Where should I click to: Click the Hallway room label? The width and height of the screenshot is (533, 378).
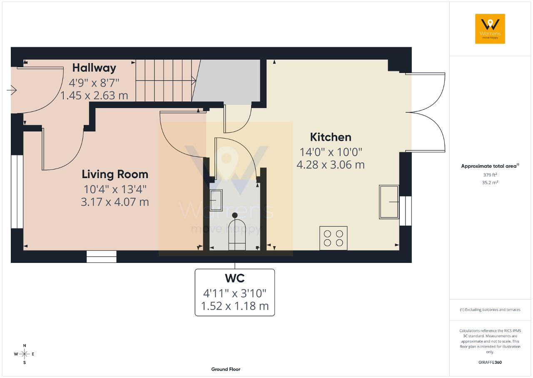click(x=94, y=68)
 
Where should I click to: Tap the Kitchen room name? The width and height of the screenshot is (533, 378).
click(x=331, y=137)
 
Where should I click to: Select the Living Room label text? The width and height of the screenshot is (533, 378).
click(x=115, y=174)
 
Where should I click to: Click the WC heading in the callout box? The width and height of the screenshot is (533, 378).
click(x=234, y=278)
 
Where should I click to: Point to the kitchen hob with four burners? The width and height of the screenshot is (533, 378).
click(x=334, y=238)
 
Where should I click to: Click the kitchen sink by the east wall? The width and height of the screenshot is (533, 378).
click(x=389, y=202)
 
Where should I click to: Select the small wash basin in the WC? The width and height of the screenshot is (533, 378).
click(x=216, y=200)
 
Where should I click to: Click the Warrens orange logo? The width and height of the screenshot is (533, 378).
click(x=490, y=29)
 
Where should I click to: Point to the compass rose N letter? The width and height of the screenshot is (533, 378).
click(x=25, y=345)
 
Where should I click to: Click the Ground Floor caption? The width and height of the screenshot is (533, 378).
click(x=226, y=369)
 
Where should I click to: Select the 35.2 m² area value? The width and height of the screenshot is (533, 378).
click(x=490, y=183)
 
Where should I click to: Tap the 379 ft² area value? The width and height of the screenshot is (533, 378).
click(x=490, y=175)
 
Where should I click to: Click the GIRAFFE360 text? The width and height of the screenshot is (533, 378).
click(x=490, y=362)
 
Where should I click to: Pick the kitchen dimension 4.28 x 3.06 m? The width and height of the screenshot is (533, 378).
click(x=331, y=165)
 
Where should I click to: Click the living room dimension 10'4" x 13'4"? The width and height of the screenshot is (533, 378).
click(x=115, y=189)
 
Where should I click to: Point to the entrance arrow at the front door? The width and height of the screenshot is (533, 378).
click(x=11, y=90)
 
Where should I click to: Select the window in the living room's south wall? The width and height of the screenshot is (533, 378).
click(x=101, y=257)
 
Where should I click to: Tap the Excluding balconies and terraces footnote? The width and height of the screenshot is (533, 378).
click(x=490, y=310)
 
